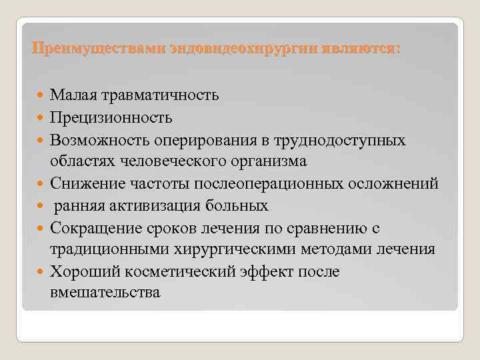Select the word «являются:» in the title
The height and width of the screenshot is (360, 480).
click(x=362, y=49)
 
